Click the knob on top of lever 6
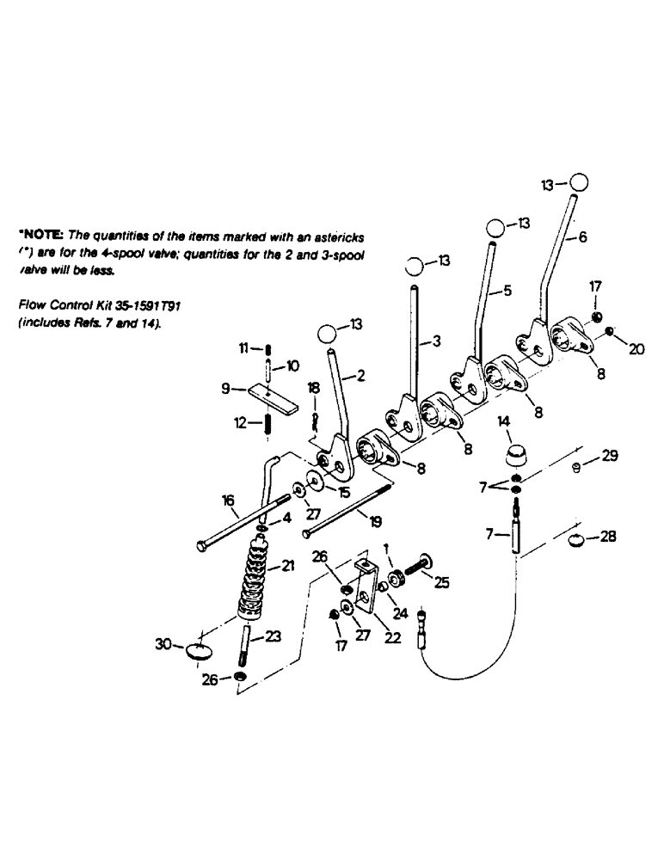pyautogui.click(x=579, y=182)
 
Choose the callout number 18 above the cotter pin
pyautogui.click(x=313, y=390)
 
